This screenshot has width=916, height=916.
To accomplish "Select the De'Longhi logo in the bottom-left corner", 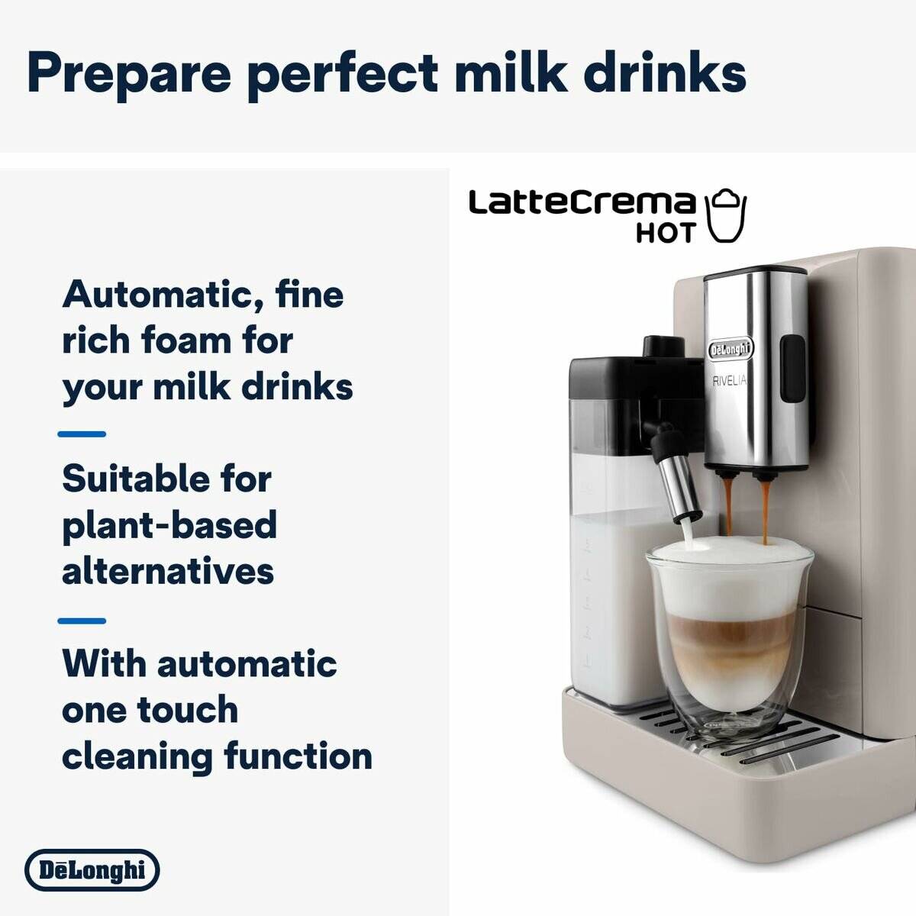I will (92, 870).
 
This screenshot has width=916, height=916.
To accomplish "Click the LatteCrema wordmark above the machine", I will (582, 203).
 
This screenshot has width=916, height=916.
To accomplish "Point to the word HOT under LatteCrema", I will (666, 233).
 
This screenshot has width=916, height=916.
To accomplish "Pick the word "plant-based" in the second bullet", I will (169, 525).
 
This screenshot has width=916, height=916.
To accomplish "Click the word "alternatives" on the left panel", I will (168, 571).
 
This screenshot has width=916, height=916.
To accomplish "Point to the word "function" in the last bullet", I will (298, 756).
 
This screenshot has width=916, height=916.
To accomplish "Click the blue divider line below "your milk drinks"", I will (82, 434).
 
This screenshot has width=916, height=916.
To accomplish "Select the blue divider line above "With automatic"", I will (82, 621).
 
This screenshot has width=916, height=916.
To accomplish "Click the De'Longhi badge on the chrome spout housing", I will (731, 350).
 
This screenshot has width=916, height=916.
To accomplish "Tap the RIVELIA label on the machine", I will (729, 381).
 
